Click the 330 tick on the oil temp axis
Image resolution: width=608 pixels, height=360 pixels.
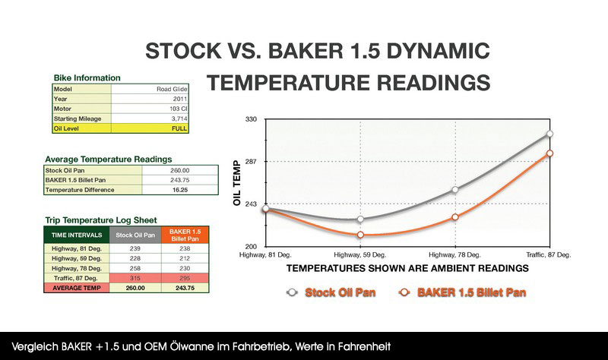coord(251,119)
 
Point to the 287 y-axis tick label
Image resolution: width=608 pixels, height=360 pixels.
coord(251,161)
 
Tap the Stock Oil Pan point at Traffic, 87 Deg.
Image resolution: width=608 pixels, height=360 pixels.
coord(549,134)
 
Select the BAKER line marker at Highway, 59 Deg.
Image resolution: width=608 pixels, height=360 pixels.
coord(360,235)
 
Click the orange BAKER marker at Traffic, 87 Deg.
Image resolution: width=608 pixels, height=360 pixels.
coord(549,153)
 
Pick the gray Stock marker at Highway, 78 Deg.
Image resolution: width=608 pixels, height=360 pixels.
coord(455,190)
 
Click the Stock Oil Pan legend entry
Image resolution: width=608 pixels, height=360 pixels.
coord(331,292)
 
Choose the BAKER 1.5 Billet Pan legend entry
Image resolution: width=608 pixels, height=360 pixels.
coord(463,292)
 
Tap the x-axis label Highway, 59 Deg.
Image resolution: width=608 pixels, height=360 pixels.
coord(359,255)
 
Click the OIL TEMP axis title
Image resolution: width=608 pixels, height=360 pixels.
coord(237,183)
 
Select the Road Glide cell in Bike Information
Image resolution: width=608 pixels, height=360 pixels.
coord(172,89)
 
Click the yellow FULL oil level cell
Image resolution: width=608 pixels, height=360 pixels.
coord(150,128)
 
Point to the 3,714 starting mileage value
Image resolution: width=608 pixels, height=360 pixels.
coord(179,118)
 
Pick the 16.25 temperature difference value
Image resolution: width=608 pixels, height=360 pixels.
coord(180,190)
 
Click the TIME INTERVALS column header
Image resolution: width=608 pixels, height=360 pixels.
coord(77,235)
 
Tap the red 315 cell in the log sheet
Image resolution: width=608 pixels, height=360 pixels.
coord(135,278)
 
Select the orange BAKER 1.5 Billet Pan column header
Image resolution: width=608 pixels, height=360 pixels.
coord(185,235)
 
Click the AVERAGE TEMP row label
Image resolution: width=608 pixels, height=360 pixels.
coord(77,288)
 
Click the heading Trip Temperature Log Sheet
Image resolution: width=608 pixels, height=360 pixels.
coord(101,220)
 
